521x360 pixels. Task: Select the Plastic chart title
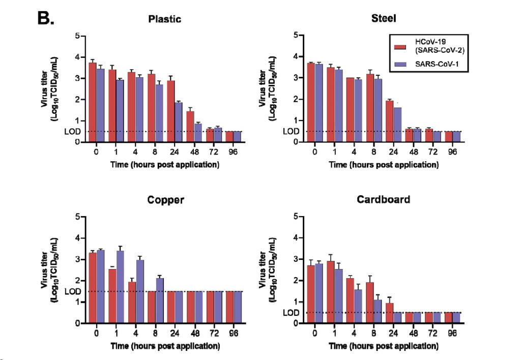pyautogui.click(x=164, y=19)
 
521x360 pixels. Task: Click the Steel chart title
pyautogui.click(x=384, y=19)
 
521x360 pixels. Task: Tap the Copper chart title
pyautogui.click(x=165, y=200)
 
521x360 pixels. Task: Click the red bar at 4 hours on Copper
pyautogui.click(x=132, y=302)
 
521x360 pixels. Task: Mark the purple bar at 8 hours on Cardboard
pyautogui.click(x=378, y=311)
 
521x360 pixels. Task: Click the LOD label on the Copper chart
pyautogui.click(x=73, y=291)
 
